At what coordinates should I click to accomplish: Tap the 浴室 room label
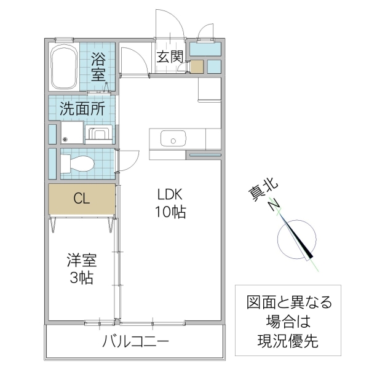(x=98, y=67)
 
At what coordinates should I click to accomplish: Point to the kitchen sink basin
(x=172, y=139)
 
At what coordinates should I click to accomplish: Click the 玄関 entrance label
(x=169, y=57)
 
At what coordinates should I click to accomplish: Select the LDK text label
(x=170, y=195)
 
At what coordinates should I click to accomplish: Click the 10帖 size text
(x=170, y=213)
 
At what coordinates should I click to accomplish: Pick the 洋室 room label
(x=81, y=260)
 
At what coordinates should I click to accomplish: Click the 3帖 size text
(x=81, y=278)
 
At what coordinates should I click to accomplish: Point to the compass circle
(x=297, y=240)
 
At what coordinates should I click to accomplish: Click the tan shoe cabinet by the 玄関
(x=196, y=66)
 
